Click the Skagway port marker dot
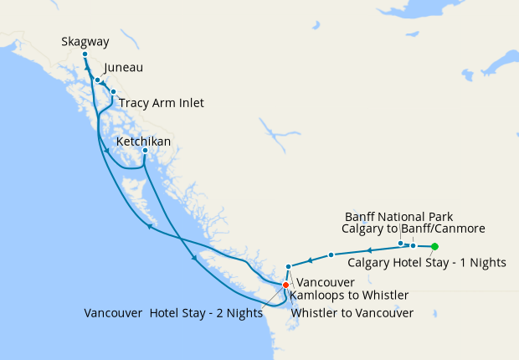(x=85, y=54)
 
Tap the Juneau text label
(x=124, y=68)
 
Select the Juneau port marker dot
(x=98, y=80)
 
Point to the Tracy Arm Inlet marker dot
(x=113, y=92)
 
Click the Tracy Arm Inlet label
(x=161, y=103)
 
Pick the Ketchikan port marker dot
(x=145, y=151)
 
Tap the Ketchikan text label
(x=143, y=141)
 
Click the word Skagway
(x=84, y=41)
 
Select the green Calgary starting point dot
(x=434, y=246)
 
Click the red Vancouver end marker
(x=285, y=285)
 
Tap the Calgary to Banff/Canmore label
(x=414, y=228)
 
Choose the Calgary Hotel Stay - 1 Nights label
(x=427, y=262)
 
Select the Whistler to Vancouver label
(x=352, y=313)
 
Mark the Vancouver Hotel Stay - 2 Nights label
(x=173, y=313)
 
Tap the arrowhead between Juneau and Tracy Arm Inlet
(x=105, y=85)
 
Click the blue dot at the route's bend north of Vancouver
(x=288, y=267)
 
